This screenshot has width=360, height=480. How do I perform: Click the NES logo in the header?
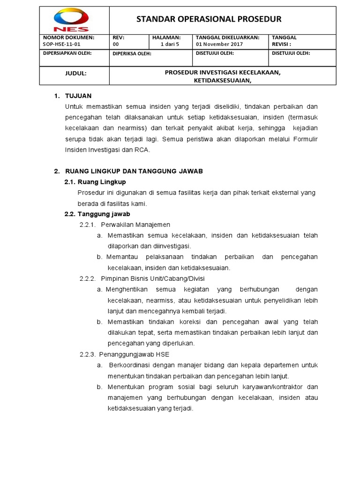pos(71,21)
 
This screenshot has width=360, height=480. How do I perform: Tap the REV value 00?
pos(116,45)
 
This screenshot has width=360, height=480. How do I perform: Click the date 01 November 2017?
pos(217,45)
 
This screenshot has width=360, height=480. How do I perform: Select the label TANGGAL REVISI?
pos(284,41)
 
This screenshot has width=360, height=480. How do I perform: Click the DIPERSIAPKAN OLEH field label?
pos(67,53)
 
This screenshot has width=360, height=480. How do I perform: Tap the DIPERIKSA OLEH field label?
pos(132,53)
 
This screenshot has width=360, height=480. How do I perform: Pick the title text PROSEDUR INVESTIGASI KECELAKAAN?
pos(223,73)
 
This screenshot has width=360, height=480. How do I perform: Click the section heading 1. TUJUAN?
pos(73,96)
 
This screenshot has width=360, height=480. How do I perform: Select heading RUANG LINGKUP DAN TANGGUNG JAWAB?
pos(134,171)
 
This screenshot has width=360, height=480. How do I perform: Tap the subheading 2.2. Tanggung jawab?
pos(97,214)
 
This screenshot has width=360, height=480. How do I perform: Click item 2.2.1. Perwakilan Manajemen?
pos(125,225)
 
